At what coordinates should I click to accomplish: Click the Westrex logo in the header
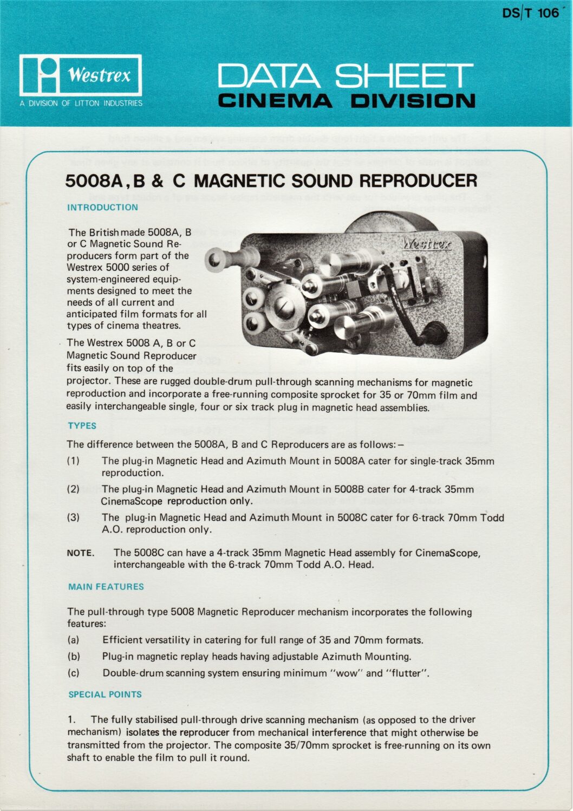[x=81, y=75]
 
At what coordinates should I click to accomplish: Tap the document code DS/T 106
[x=530, y=13]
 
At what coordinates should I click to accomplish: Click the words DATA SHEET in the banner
[x=346, y=76]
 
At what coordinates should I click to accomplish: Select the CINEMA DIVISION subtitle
[x=346, y=101]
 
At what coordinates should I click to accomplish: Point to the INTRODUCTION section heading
[x=102, y=207]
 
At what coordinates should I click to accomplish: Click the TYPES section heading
[x=82, y=426]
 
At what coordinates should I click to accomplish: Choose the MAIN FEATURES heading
[x=106, y=587]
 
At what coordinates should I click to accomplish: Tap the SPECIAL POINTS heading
[x=105, y=695]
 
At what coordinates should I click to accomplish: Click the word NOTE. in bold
[x=81, y=553]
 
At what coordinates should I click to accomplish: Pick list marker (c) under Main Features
[x=73, y=673]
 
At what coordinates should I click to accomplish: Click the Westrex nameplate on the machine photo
[x=426, y=244]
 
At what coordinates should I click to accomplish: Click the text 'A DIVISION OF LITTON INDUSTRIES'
[x=81, y=103]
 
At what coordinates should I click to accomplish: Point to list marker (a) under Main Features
[x=73, y=640]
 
